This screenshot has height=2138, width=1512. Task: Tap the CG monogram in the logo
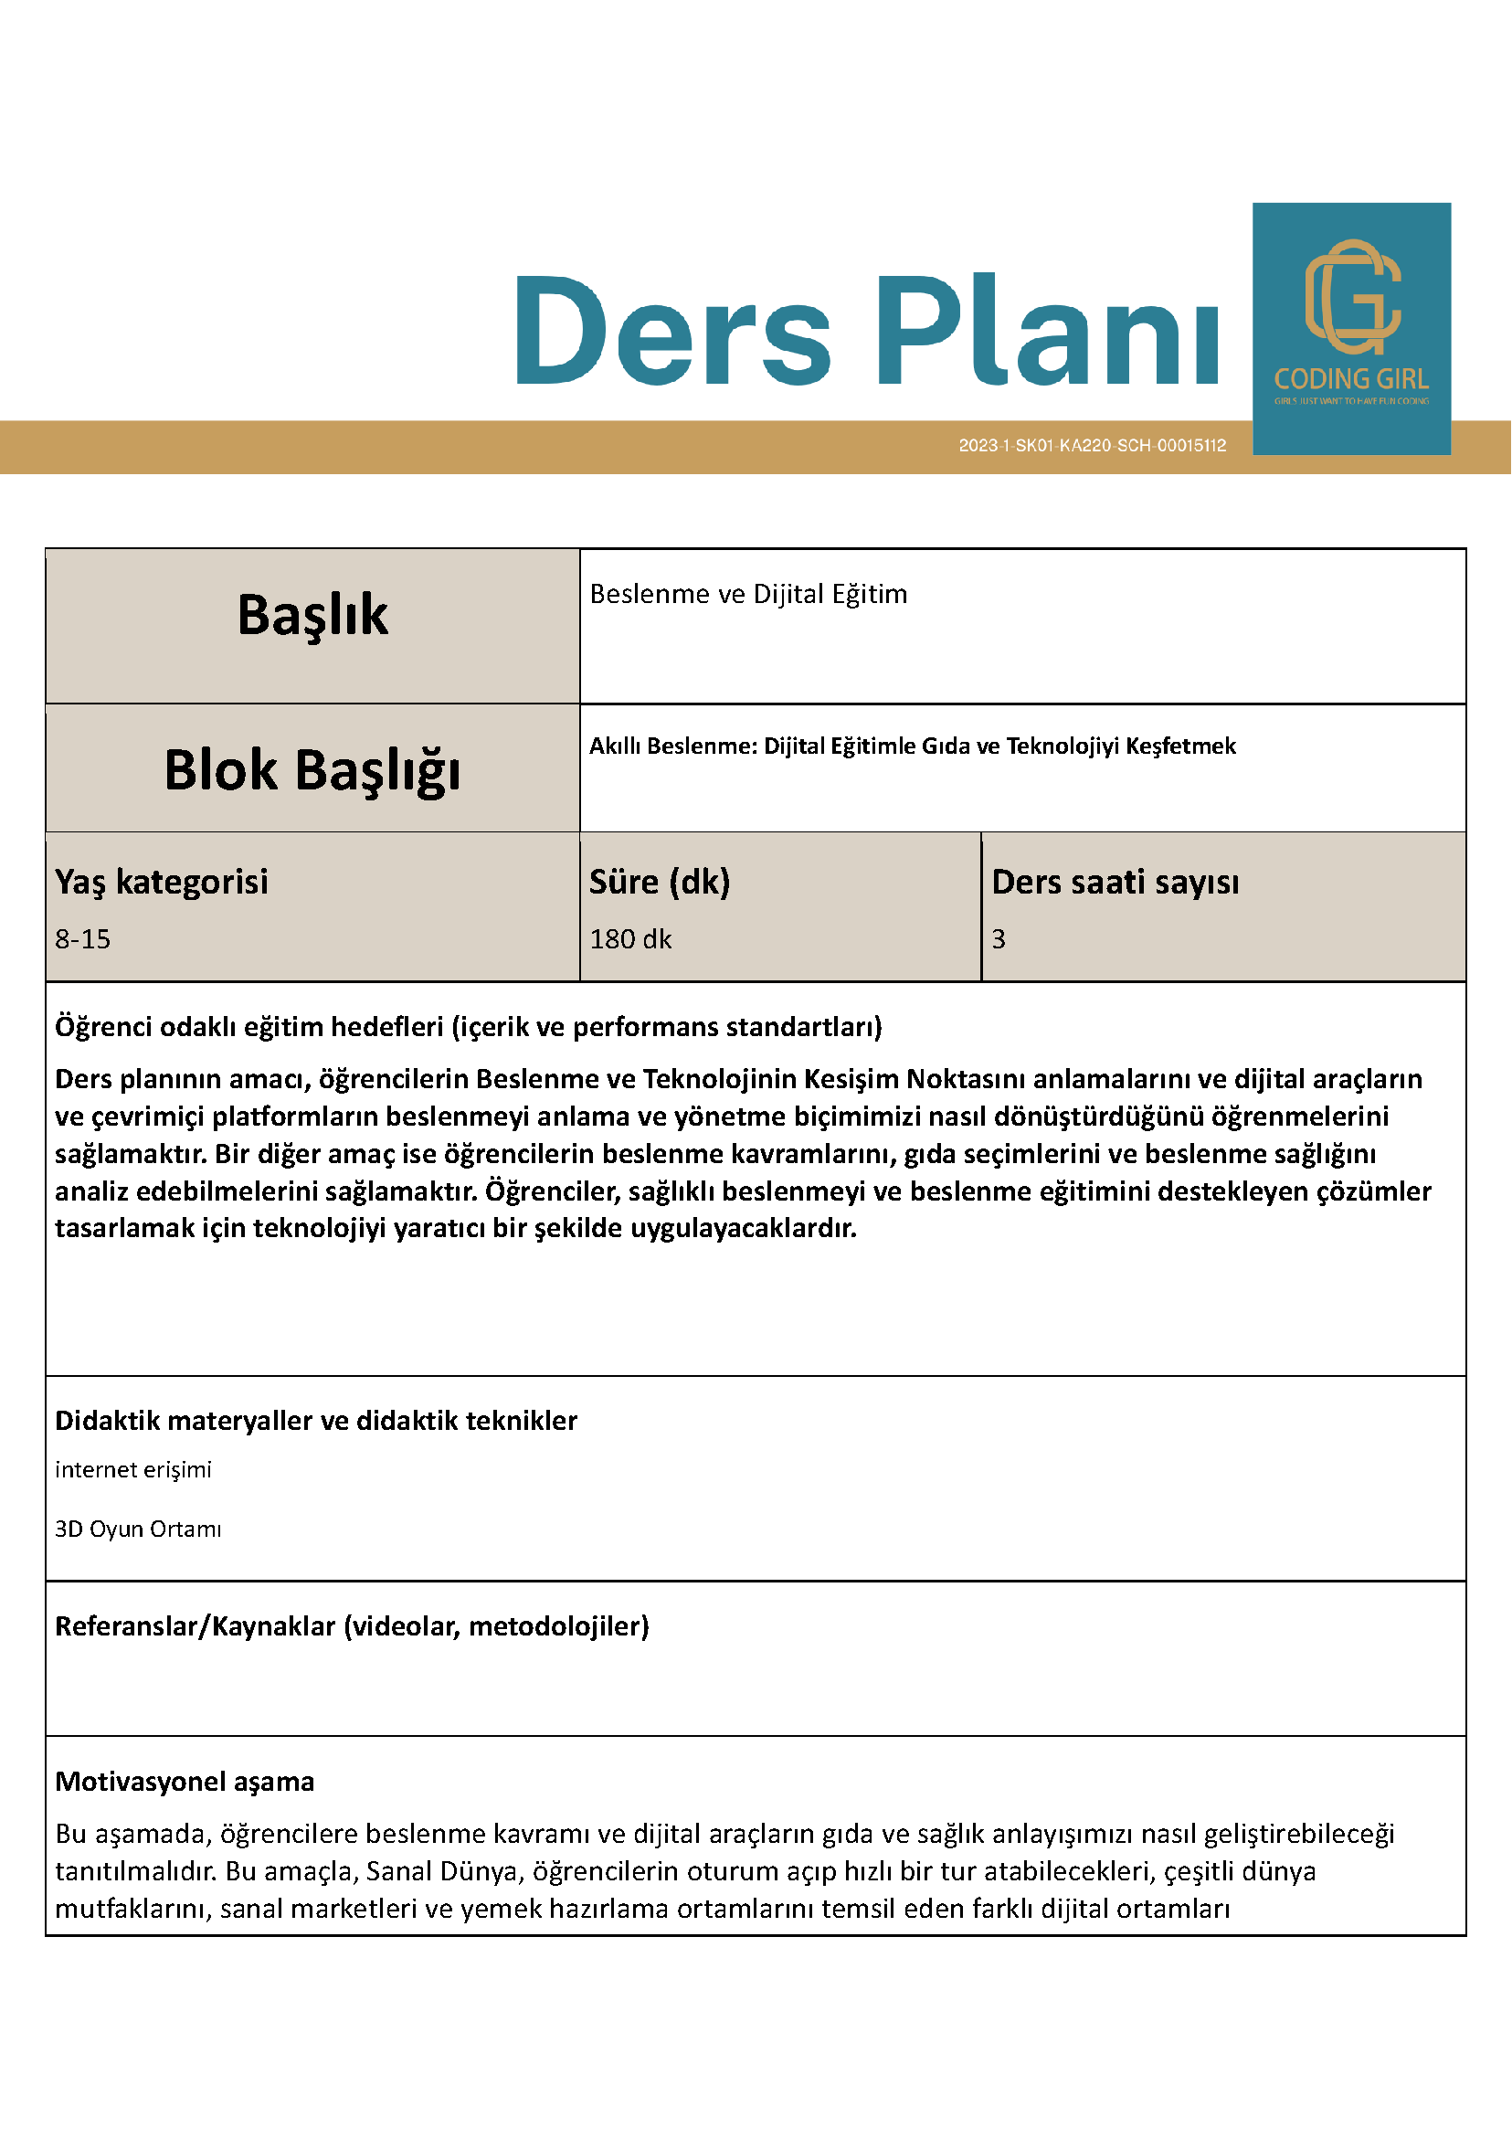pyautogui.click(x=1352, y=296)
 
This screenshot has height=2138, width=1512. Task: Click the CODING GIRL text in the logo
pyautogui.click(x=1351, y=379)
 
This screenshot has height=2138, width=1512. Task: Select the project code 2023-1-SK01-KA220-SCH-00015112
pyautogui.click(x=1092, y=446)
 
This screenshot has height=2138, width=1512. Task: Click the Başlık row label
pyautogui.click(x=312, y=616)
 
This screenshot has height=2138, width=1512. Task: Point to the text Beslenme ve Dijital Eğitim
pyautogui.click(x=747, y=594)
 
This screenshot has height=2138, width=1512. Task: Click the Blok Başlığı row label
pyautogui.click(x=312, y=770)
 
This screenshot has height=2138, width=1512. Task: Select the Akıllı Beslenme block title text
pyautogui.click(x=913, y=746)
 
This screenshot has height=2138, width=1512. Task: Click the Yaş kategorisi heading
pyautogui.click(x=161, y=882)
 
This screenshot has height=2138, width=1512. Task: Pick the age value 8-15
pyautogui.click(x=82, y=938)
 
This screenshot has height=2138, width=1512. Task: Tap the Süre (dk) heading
pyautogui.click(x=660, y=882)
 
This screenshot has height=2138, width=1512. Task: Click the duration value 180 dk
pyautogui.click(x=630, y=938)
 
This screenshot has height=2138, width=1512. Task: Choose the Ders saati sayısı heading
pyautogui.click(x=1115, y=882)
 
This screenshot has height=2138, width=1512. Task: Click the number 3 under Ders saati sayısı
pyautogui.click(x=998, y=938)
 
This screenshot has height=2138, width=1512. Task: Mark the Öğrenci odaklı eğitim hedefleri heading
pyautogui.click(x=469, y=1027)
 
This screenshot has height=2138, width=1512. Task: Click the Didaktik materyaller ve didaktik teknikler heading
pyautogui.click(x=315, y=1421)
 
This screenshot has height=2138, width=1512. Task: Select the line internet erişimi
pyautogui.click(x=133, y=1469)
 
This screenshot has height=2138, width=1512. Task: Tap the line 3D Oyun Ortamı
pyautogui.click(x=138, y=1529)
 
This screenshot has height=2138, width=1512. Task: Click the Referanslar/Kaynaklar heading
pyautogui.click(x=352, y=1625)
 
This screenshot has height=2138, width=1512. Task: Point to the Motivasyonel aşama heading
pyautogui.click(x=185, y=1782)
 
